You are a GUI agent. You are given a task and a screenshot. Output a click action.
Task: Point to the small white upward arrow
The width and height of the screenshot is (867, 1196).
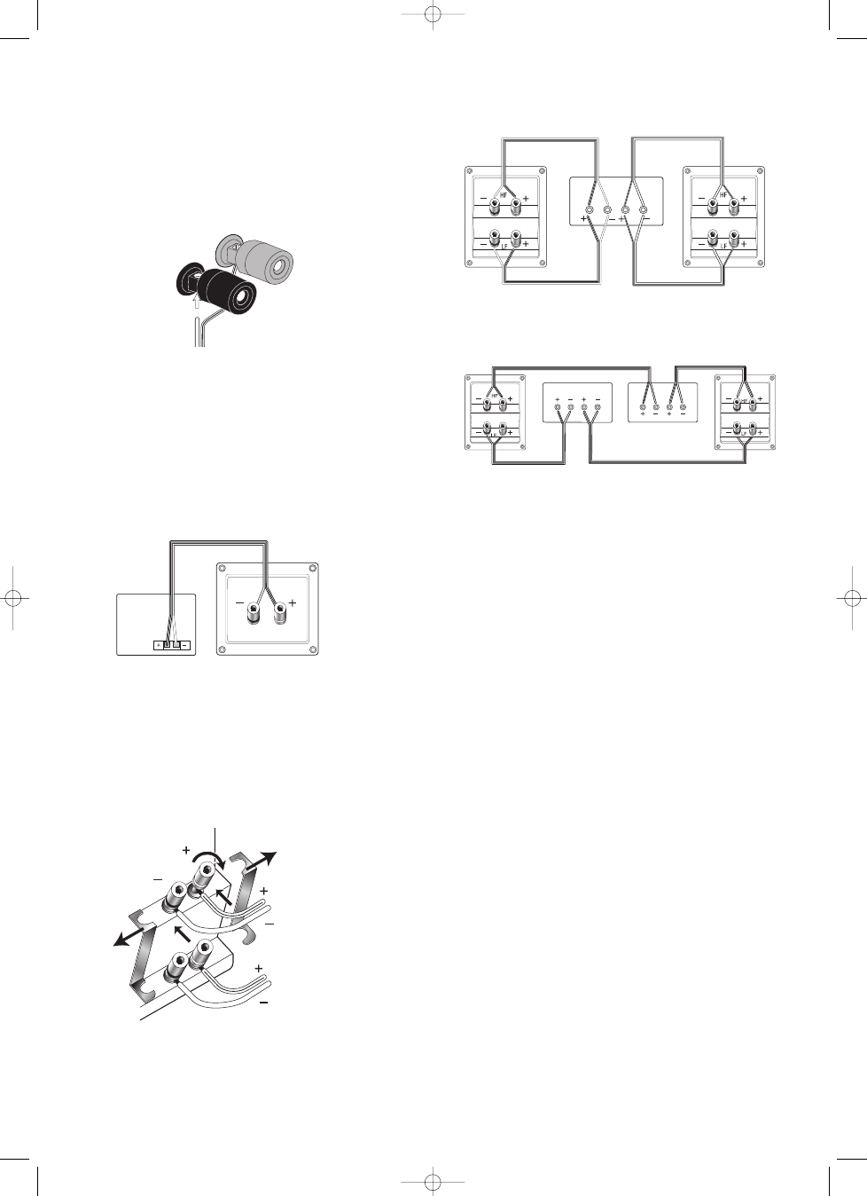click(196, 301)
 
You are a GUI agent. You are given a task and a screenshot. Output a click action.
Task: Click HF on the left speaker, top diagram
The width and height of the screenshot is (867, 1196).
click(505, 195)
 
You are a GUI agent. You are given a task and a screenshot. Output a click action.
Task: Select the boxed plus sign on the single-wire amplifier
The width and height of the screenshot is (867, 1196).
click(158, 645)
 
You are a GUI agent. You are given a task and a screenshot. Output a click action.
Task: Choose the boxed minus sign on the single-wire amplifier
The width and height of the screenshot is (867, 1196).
click(184, 645)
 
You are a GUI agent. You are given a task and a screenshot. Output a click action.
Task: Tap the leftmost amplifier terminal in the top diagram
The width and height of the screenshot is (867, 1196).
click(589, 211)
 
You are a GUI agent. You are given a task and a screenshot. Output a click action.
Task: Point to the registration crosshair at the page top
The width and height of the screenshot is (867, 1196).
click(433, 15)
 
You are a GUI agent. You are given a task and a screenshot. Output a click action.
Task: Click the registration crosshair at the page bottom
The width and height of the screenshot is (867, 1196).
click(433, 1181)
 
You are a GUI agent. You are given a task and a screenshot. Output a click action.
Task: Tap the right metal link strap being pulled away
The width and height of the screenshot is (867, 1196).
click(242, 887)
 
